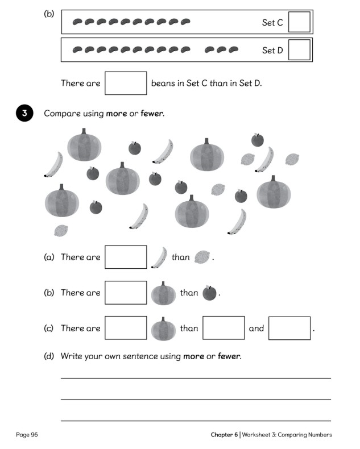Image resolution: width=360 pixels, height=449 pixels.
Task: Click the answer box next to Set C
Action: point(300,22)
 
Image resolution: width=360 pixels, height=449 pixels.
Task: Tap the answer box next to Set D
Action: point(300,50)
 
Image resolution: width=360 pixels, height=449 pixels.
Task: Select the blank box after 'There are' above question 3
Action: point(126,83)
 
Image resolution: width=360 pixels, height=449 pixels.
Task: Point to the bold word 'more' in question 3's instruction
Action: point(116,113)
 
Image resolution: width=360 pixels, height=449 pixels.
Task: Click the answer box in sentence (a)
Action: point(126,257)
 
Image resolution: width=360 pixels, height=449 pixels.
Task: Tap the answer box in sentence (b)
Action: point(126,293)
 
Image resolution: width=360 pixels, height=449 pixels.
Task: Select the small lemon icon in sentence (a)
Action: point(202,257)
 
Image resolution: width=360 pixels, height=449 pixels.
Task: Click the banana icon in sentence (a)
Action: point(159,257)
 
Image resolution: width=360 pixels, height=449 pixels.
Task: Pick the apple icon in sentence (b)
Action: point(210,293)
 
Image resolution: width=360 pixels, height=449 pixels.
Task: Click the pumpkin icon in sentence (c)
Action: point(163,329)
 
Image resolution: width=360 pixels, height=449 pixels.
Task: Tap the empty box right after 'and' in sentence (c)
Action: point(289,329)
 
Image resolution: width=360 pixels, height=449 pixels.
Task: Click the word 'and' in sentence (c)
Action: point(256,329)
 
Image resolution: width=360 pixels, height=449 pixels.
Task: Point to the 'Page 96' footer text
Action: point(27,435)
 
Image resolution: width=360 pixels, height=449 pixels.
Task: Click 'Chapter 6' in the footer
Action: point(224,435)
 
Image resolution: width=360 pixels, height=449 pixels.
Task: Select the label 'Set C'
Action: point(272,23)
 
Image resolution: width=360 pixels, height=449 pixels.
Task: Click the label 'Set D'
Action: point(272,51)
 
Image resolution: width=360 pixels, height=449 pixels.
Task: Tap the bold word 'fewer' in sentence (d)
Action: point(229,356)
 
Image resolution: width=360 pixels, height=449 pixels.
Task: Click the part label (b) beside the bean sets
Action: point(49,13)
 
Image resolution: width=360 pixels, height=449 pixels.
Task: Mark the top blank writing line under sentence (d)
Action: point(196,378)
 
